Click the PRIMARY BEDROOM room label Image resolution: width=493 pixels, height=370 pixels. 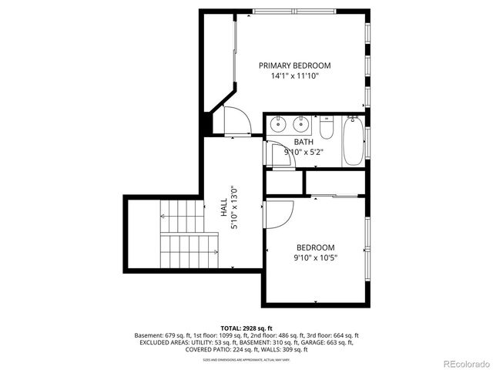[294, 66]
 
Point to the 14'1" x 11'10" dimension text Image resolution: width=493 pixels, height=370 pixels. [294, 76]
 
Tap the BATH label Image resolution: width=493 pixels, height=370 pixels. [304, 142]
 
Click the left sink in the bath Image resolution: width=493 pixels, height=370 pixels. [278, 123]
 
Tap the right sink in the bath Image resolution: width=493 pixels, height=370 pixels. [300, 123]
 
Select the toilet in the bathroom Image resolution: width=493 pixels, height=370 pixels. [326, 128]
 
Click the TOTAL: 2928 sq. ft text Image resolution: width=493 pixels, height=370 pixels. [246, 328]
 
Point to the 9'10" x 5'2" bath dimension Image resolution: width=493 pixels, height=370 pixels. [304, 152]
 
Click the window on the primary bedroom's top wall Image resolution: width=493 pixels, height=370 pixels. [293, 10]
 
